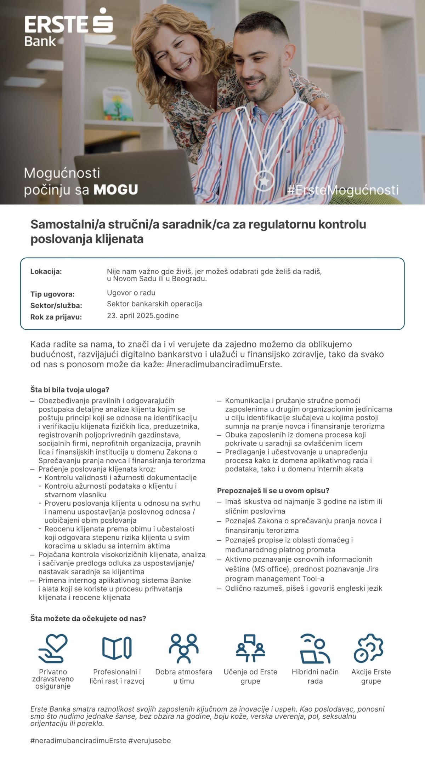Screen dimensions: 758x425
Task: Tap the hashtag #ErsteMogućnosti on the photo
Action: coord(342,190)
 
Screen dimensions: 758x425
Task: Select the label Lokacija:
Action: coord(46,271)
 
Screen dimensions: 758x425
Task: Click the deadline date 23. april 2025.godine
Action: coord(143,316)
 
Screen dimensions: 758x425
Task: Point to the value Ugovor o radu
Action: coord(131,293)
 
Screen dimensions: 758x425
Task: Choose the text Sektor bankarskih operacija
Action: coord(154,304)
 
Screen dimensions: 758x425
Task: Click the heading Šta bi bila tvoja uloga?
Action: coord(70,390)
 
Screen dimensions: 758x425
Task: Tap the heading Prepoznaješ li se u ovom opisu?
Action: coord(273,490)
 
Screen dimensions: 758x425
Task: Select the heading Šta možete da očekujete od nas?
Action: coord(88,619)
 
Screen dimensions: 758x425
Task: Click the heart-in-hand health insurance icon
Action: coord(53,648)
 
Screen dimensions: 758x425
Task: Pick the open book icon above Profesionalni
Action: coord(117,648)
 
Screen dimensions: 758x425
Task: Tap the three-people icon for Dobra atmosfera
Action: coord(183,648)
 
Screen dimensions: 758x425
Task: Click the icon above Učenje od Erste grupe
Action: coord(250,648)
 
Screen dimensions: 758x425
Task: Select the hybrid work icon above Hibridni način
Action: coord(315,648)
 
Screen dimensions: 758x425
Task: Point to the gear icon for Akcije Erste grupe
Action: coord(369,648)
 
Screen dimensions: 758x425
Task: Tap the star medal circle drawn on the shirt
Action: coord(264,180)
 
